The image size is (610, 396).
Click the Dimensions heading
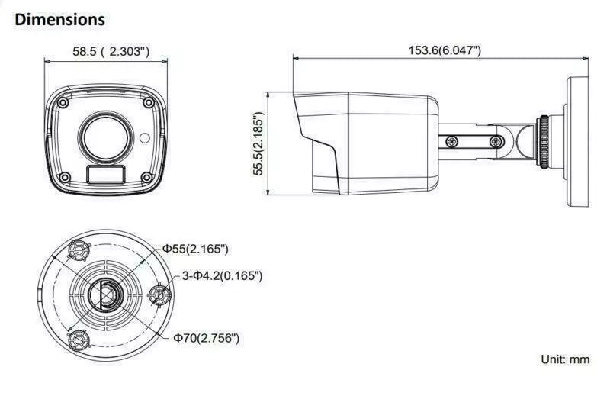click(x=59, y=20)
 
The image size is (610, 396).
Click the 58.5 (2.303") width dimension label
click(x=111, y=51)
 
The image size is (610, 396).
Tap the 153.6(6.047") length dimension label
click(x=445, y=50)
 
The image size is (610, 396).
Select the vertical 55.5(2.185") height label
click(x=258, y=143)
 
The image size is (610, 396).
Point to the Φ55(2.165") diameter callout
click(x=195, y=249)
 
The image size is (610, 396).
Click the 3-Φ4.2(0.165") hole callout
click(x=222, y=276)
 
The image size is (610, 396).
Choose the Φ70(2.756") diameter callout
click(x=206, y=337)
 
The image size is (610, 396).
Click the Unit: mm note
click(x=565, y=359)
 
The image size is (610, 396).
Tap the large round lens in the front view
click(x=106, y=137)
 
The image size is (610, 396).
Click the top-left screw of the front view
click(x=63, y=103)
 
